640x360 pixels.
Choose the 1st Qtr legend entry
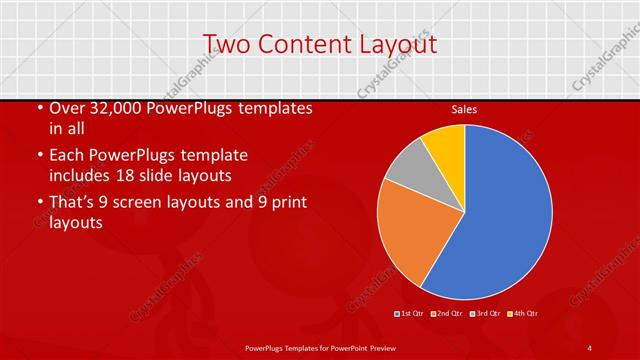[x=410, y=314]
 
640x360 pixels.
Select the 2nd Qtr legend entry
[x=447, y=314]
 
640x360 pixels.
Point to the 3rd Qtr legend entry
[x=485, y=314]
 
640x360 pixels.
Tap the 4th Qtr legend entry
[x=523, y=314]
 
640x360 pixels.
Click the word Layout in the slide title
[x=397, y=44]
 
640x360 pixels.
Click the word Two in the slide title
[x=227, y=44]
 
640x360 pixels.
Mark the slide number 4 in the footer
[x=590, y=347]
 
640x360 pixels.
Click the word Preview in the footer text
[x=393, y=347]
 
